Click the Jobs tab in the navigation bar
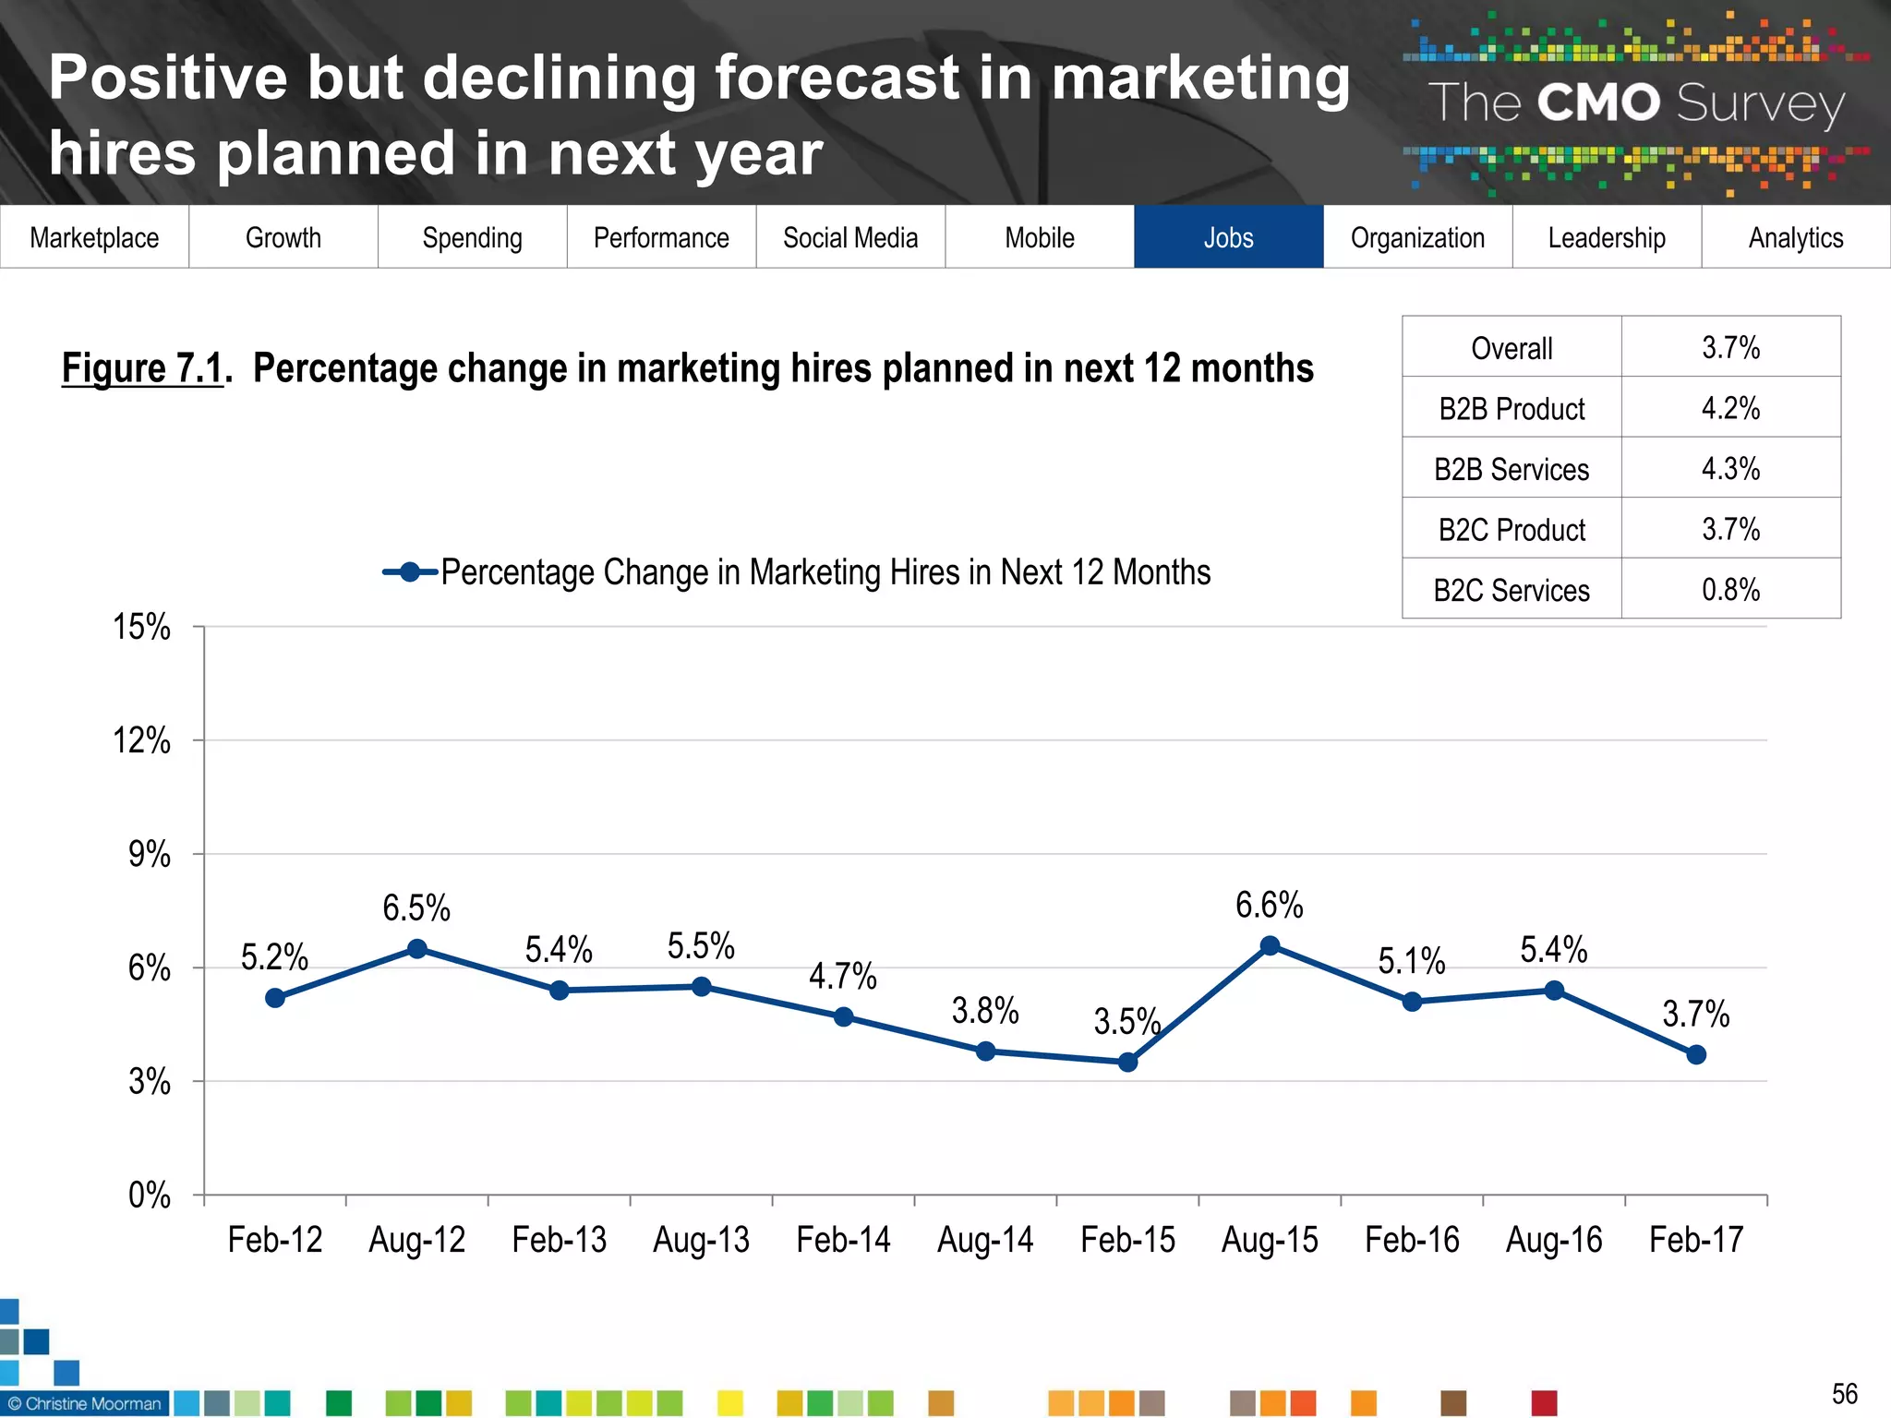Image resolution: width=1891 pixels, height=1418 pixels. (1228, 237)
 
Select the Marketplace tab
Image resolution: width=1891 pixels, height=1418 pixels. (94, 237)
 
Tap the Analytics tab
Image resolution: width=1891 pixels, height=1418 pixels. (1795, 237)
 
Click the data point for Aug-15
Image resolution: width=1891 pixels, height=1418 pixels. (1270, 945)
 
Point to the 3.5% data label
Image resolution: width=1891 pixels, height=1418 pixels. (1126, 1021)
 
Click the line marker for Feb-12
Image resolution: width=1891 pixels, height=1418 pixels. (275, 998)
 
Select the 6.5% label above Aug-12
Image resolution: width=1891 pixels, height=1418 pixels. (416, 908)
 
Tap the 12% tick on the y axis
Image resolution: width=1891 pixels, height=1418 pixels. (141, 740)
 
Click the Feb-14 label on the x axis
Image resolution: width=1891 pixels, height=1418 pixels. (843, 1239)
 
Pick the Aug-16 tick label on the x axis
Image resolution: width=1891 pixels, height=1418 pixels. (1554, 1239)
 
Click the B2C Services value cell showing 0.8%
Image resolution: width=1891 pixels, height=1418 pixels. (1730, 589)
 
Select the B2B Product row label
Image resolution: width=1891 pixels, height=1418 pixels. (1512, 408)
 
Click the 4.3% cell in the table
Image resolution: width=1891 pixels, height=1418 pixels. (1730, 468)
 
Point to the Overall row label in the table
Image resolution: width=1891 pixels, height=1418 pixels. (1512, 348)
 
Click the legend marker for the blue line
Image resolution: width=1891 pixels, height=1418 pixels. (410, 572)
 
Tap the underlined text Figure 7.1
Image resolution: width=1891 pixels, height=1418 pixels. (143, 368)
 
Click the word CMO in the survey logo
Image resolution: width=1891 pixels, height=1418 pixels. (1598, 102)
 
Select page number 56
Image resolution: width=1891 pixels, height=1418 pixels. (1844, 1393)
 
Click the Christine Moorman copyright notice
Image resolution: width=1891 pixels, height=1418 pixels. (85, 1403)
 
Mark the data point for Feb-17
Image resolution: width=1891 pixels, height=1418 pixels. (1696, 1054)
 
